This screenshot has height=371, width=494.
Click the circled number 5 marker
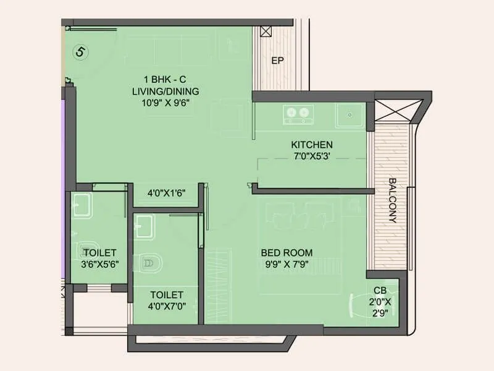(80, 52)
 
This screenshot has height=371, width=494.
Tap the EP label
(278, 61)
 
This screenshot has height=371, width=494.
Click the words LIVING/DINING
(165, 91)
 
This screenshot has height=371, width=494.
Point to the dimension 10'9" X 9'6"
(165, 103)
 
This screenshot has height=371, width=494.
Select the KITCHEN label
(312, 145)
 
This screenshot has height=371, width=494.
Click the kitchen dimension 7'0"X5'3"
(312, 156)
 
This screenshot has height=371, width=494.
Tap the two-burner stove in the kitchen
(298, 113)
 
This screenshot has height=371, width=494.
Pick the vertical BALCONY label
(392, 200)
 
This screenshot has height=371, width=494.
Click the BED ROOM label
(287, 252)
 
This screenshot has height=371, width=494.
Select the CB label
(380, 290)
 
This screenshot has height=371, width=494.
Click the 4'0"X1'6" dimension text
(167, 192)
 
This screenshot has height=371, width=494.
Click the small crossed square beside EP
(266, 32)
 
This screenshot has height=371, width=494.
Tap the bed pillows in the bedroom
(296, 215)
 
